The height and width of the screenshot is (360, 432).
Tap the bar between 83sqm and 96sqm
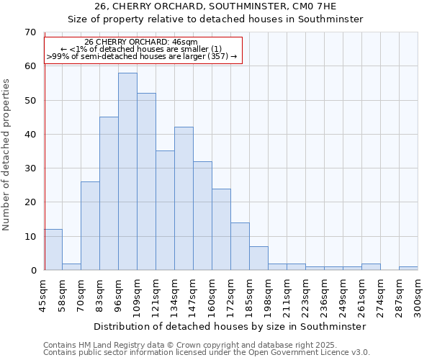pyautogui.click(x=109, y=194)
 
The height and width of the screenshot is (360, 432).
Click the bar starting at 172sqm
pyautogui.click(x=240, y=246)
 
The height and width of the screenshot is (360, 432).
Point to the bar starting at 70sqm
pyautogui.click(x=90, y=226)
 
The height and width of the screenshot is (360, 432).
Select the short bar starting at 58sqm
pyautogui.click(x=71, y=266)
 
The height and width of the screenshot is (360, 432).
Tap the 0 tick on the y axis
pyautogui.click(x=32, y=271)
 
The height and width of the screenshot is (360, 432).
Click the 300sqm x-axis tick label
pyautogui.click(x=418, y=296)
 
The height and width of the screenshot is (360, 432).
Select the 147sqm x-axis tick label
pyautogui.click(x=194, y=296)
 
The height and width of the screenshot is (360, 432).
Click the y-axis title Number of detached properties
pyautogui.click(x=7, y=155)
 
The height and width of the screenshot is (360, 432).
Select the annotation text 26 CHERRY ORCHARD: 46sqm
pyautogui.click(x=141, y=42)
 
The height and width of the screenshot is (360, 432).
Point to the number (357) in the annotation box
pyautogui.click(x=217, y=55)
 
